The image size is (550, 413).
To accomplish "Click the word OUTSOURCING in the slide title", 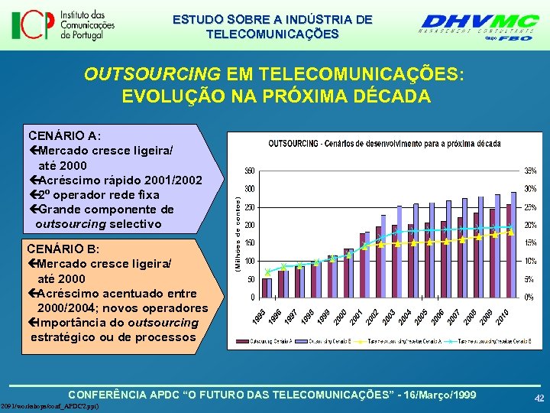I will [150, 74].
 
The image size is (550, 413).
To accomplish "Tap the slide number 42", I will [539, 398].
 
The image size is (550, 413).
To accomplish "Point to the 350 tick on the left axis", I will [249, 170].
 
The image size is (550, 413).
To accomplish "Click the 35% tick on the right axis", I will [529, 170].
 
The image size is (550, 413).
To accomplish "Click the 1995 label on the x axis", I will [260, 314].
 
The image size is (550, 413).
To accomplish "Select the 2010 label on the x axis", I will [503, 314].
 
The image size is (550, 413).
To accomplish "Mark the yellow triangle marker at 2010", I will [510, 232].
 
